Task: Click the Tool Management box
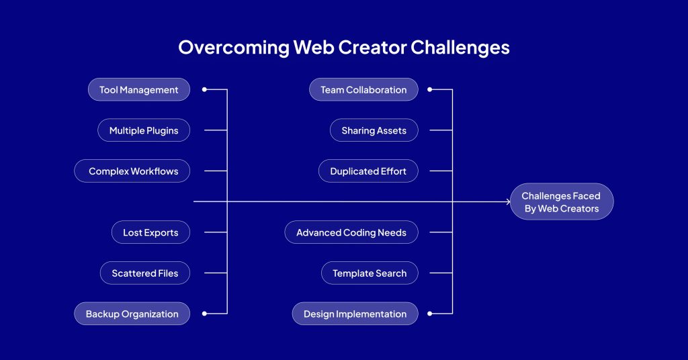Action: (139, 89)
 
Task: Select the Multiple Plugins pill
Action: (144, 130)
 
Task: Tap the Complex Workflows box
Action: (132, 171)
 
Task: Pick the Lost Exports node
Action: (150, 232)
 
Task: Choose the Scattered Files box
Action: (145, 273)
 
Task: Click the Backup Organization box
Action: (132, 314)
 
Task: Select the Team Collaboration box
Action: (363, 89)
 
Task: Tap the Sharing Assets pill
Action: (374, 130)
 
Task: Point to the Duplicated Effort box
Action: (368, 171)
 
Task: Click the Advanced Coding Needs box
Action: (351, 232)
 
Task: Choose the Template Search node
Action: (370, 273)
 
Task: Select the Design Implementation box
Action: (355, 314)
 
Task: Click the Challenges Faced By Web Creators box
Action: (562, 201)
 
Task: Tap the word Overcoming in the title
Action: (234, 48)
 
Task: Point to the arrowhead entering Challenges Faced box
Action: (508, 201)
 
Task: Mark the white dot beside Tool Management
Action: (204, 89)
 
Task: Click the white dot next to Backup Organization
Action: (204, 314)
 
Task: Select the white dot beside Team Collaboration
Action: (430, 89)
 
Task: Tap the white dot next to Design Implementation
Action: (430, 314)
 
